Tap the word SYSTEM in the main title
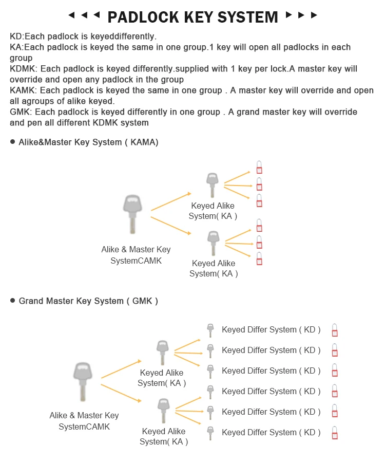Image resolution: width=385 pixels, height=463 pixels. pos(244,17)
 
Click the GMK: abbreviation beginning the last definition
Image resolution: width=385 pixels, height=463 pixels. pos(20,112)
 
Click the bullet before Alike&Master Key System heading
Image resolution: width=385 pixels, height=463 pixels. pos(12,142)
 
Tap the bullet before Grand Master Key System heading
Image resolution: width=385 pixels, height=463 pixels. pos(12,301)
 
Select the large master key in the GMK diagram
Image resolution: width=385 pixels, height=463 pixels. pos(83,380)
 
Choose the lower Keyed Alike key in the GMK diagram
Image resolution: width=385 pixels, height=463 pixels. pos(163,412)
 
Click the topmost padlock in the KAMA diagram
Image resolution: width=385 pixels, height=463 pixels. pos(259,168)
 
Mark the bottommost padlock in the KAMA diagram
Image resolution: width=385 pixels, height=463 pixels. pos(259,258)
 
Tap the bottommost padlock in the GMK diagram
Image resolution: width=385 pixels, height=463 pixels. pos(335,433)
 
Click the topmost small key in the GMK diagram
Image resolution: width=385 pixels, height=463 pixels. pos(210,330)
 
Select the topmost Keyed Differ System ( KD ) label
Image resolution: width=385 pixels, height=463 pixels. pos(271,330)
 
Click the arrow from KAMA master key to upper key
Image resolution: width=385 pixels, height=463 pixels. pos(171,201)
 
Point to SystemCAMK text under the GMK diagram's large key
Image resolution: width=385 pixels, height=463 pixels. pos(84,427)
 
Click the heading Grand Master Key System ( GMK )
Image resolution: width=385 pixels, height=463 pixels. pos(88,301)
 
